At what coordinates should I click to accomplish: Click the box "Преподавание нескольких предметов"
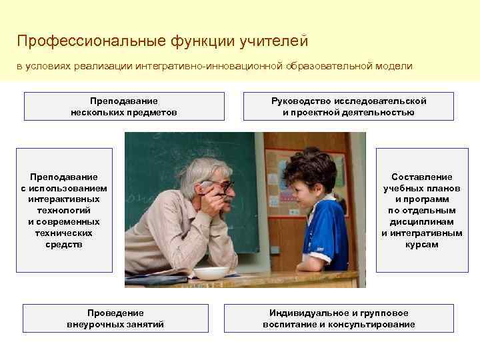[x=124, y=107]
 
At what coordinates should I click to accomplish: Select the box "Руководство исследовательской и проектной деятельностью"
[x=348, y=107]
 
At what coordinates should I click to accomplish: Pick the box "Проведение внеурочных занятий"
[x=115, y=319]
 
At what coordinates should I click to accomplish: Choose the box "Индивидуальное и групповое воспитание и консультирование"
[x=339, y=319]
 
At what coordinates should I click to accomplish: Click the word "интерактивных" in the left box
[x=64, y=199]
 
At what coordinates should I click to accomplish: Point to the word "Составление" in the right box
[x=421, y=177]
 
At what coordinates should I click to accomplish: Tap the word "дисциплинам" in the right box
[x=421, y=222]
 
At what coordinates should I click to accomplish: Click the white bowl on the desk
[x=211, y=273]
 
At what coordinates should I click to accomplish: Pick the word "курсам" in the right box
[x=421, y=245]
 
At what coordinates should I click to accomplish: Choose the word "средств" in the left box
[x=64, y=245]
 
